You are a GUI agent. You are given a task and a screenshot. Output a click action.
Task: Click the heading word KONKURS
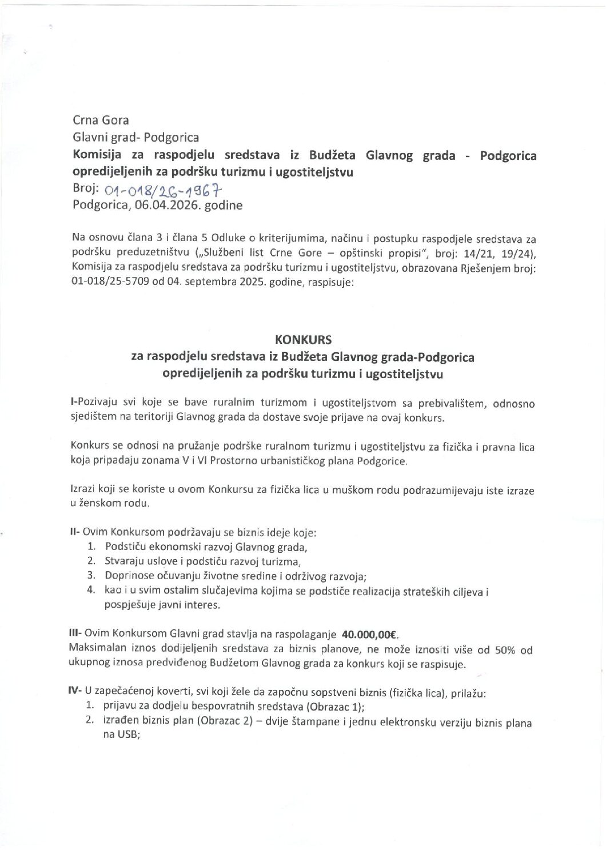303,339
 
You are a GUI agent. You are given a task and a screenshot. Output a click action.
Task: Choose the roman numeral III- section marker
76,634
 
